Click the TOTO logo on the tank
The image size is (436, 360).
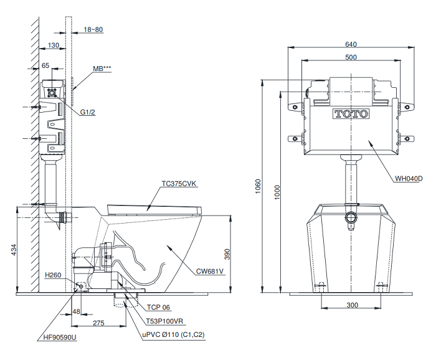351,114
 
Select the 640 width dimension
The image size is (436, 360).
351,44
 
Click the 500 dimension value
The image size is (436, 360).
351,57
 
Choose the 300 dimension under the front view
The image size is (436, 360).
353,305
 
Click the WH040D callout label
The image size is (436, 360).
408,179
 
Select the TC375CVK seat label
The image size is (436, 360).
179,184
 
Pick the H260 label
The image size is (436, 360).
52,275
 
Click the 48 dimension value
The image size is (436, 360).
77,311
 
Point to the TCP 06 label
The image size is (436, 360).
159,307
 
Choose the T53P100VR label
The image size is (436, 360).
164,322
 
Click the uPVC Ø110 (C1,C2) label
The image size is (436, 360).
173,334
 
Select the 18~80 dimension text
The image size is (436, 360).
93,29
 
